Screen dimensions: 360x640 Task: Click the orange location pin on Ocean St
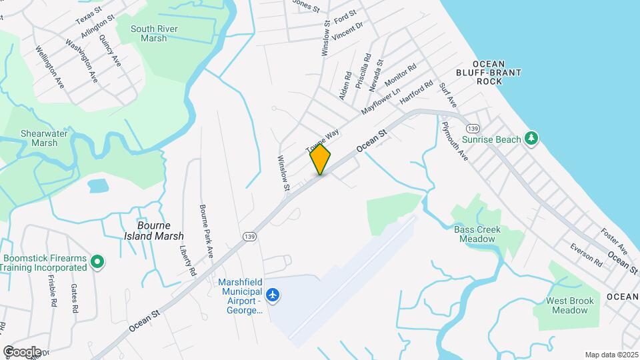320,160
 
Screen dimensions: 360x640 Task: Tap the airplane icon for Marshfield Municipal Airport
272,294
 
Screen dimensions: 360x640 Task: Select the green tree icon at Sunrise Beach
531,138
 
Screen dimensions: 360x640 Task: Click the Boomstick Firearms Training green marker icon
97,261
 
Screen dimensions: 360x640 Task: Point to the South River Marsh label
149,33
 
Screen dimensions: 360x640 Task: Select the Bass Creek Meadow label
477,234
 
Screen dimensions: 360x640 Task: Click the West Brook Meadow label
570,305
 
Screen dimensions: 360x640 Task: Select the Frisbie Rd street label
52,291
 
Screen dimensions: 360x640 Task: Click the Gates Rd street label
74,298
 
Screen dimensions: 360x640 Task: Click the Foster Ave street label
615,241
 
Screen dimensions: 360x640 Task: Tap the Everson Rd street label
586,255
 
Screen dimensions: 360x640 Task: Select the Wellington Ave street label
49,67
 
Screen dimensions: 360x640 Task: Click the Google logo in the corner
22,351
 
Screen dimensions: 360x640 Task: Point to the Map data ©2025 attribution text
610,355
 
